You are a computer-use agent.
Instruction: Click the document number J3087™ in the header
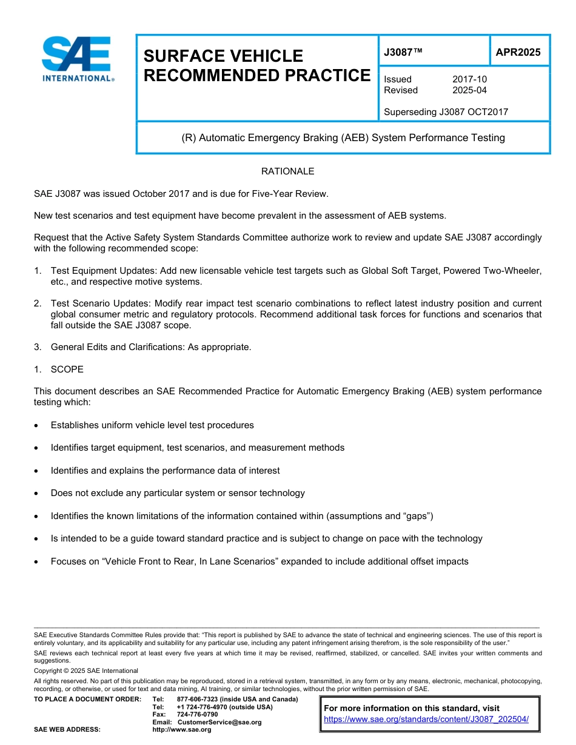pyautogui.click(x=403, y=52)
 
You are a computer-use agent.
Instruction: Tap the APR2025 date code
pyautogui.click(x=518, y=52)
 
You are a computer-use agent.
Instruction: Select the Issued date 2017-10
pyautogui.click(x=469, y=79)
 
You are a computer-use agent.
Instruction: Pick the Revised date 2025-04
pyautogui.click(x=469, y=90)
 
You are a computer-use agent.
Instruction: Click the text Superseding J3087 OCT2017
pyautogui.click(x=446, y=112)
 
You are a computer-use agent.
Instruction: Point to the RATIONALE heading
pyautogui.click(x=287, y=171)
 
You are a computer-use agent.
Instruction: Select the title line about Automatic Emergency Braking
pyautogui.click(x=343, y=137)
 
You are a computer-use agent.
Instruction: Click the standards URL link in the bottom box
pyautogui.click(x=426, y=720)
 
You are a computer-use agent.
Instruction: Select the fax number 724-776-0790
pyautogui.click(x=197, y=715)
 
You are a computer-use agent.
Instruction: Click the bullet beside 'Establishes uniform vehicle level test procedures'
pyautogui.click(x=38, y=426)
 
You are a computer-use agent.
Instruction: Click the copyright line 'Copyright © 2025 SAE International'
pyautogui.click(x=86, y=670)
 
